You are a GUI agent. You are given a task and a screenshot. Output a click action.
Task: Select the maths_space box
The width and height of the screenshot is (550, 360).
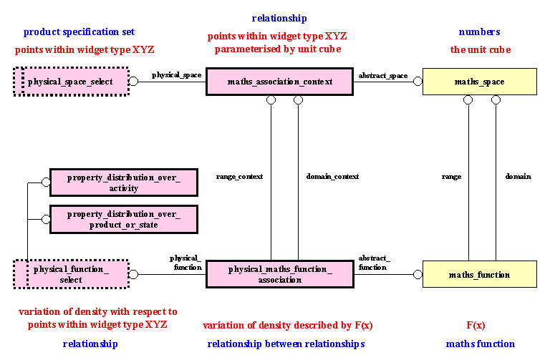click(x=479, y=82)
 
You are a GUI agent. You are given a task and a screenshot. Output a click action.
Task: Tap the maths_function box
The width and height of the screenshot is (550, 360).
click(x=479, y=274)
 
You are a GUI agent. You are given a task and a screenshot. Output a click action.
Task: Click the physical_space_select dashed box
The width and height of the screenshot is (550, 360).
click(x=70, y=82)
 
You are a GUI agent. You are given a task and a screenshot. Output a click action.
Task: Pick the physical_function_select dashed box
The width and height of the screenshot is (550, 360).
click(x=70, y=274)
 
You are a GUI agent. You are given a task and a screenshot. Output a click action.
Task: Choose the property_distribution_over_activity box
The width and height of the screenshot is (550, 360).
click(x=123, y=183)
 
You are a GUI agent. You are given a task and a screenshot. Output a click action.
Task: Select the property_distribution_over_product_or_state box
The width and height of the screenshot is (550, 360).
click(x=123, y=219)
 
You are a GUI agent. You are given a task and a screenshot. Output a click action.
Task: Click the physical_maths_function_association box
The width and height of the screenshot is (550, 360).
click(x=280, y=274)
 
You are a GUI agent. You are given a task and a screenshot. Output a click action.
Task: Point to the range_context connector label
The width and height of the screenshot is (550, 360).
click(x=239, y=176)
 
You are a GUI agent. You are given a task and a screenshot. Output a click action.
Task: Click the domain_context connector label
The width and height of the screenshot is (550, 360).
click(x=332, y=176)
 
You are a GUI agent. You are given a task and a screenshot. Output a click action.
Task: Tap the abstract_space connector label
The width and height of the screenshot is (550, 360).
click(x=382, y=74)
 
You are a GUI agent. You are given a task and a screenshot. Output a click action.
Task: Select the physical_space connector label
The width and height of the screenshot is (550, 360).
click(x=176, y=74)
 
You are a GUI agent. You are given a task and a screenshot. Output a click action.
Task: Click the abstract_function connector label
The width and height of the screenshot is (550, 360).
click(x=375, y=263)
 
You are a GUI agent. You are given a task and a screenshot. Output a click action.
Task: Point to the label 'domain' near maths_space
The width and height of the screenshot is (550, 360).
click(x=518, y=176)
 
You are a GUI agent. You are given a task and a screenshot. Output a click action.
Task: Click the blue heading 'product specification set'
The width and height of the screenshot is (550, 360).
click(x=79, y=32)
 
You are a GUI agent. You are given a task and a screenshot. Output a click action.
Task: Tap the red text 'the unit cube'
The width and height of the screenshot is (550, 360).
click(x=479, y=49)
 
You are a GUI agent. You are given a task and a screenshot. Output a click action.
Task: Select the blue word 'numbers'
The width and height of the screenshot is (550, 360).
click(x=479, y=32)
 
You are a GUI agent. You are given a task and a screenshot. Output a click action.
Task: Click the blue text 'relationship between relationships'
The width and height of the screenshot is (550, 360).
click(x=286, y=344)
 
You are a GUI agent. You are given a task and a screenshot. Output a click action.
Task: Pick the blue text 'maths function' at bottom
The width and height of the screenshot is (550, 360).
click(x=480, y=344)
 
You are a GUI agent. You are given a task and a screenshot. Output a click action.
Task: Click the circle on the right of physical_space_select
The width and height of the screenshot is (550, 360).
click(x=133, y=82)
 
